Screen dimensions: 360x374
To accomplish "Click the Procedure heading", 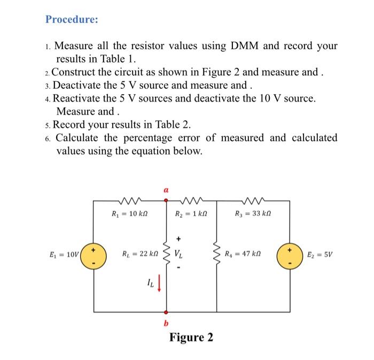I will pos(72,19).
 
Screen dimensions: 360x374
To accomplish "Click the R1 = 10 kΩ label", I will pos(124,216).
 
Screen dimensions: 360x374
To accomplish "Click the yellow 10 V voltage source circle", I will pos(93,255).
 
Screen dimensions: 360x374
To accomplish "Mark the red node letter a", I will pos(166,189).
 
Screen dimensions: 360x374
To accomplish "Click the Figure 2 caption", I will pos(191,338).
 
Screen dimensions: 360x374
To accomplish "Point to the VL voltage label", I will pos(180,254).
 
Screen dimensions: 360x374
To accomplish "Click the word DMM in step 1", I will pos(246,45).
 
